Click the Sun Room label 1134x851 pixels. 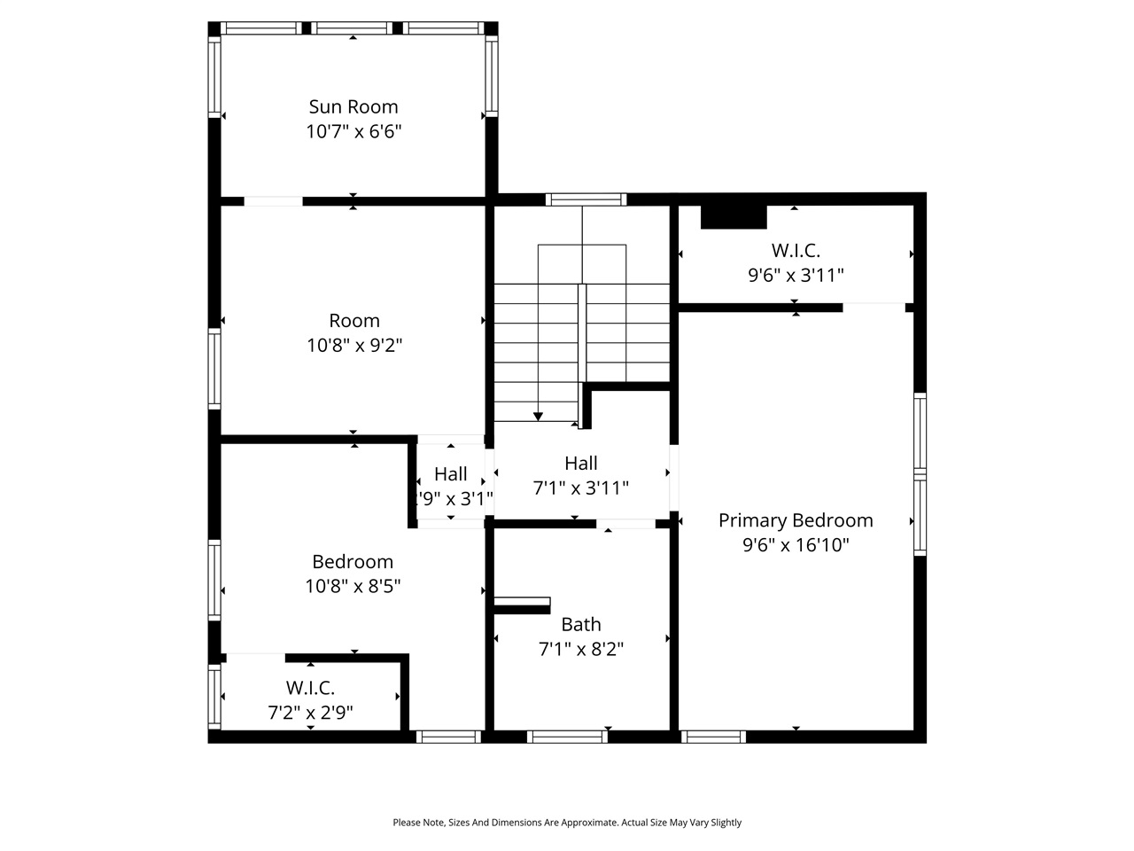pyautogui.click(x=353, y=106)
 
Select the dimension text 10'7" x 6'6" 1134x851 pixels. pyautogui.click(x=353, y=132)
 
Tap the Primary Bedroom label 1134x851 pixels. pyautogui.click(x=796, y=520)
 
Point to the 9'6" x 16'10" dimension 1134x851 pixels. pyautogui.click(x=796, y=545)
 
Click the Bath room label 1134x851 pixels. pyautogui.click(x=581, y=624)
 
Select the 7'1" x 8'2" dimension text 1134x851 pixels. pyautogui.click(x=581, y=649)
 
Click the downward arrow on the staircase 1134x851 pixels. pyautogui.click(x=538, y=416)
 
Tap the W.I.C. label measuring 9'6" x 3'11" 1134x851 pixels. pyautogui.click(x=796, y=250)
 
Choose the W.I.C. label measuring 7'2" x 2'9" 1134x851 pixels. pyautogui.click(x=310, y=687)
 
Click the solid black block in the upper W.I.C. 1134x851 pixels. pyautogui.click(x=734, y=217)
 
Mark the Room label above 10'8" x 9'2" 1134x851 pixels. pyautogui.click(x=354, y=321)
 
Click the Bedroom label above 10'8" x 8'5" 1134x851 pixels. pyautogui.click(x=353, y=561)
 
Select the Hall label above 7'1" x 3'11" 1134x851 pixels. pyautogui.click(x=581, y=463)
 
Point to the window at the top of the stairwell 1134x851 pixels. pyautogui.click(x=586, y=199)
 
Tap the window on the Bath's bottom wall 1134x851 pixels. pyautogui.click(x=567, y=737)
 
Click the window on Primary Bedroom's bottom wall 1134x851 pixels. pyautogui.click(x=714, y=737)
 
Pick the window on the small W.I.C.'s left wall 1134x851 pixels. pyautogui.click(x=214, y=697)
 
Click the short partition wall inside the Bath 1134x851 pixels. pyautogui.click(x=522, y=605)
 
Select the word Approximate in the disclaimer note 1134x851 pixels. pyautogui.click(x=585, y=823)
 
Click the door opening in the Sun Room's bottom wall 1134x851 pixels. pyautogui.click(x=273, y=201)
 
